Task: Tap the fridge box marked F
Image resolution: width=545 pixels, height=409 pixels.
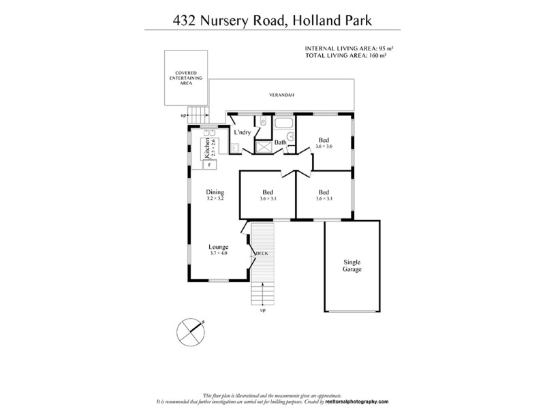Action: click(x=208, y=164)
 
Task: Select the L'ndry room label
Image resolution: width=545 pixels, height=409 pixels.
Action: click(x=243, y=132)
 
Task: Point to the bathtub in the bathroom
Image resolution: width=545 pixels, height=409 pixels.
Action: click(x=283, y=123)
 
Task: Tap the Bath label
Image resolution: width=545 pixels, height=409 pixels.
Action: click(x=281, y=142)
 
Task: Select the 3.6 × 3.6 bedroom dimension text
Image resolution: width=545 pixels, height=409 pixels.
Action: click(x=325, y=147)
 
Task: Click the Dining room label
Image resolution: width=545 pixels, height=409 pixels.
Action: click(x=215, y=192)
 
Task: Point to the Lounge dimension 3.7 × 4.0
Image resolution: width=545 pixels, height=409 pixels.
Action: click(x=219, y=253)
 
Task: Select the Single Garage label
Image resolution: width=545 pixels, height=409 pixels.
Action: click(x=352, y=265)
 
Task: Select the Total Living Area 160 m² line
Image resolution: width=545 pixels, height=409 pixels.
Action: click(x=347, y=56)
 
